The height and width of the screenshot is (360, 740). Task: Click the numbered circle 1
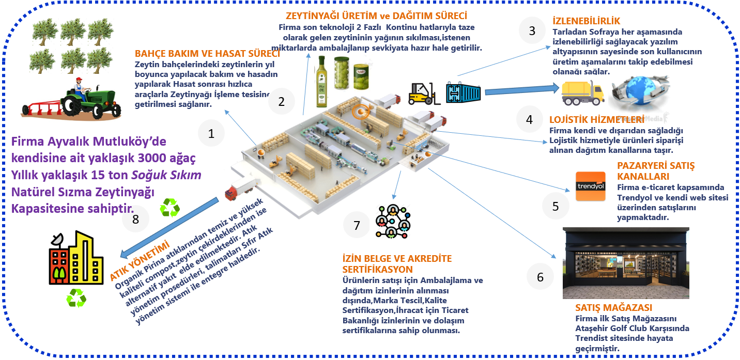point(211,134)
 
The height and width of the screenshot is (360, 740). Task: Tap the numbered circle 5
point(556,206)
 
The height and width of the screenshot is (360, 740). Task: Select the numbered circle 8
point(136,219)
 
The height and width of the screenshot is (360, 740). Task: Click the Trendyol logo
point(591,186)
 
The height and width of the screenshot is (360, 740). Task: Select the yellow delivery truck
point(582,93)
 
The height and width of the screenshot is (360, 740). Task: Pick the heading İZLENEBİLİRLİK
point(586,21)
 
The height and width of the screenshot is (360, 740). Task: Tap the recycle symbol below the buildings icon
point(76,299)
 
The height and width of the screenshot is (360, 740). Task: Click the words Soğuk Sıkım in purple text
point(166,175)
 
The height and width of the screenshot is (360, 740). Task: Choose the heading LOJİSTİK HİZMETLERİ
point(596,119)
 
